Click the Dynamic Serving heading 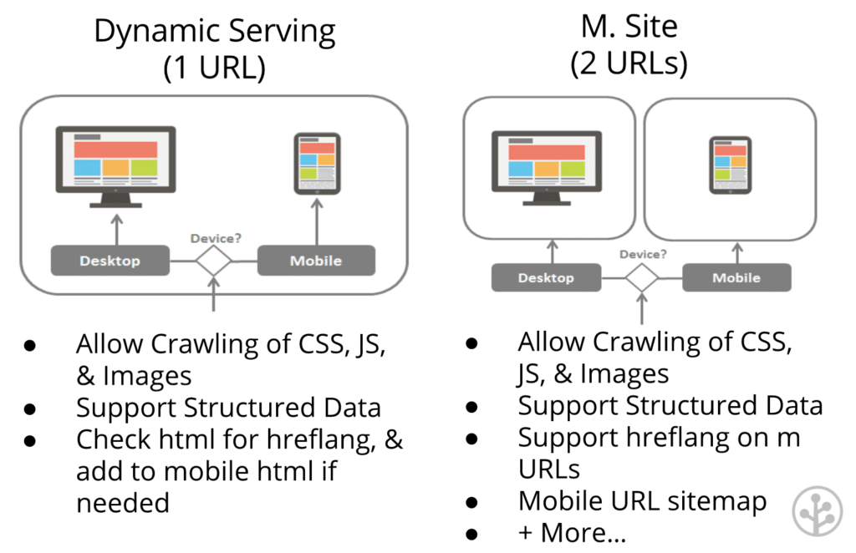point(214,32)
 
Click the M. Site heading point(629,27)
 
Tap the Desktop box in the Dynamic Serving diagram point(110,261)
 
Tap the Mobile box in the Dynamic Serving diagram point(315,261)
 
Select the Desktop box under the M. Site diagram point(545,277)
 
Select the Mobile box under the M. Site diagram point(736,277)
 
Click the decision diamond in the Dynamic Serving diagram point(214,261)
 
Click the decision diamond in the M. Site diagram point(642,277)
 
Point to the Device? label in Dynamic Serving point(216,238)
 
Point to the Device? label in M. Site point(643,255)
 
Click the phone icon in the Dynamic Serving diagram point(317,164)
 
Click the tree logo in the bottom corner point(818,510)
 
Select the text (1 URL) point(214,67)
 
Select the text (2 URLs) point(629,63)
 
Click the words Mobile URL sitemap point(642,500)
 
